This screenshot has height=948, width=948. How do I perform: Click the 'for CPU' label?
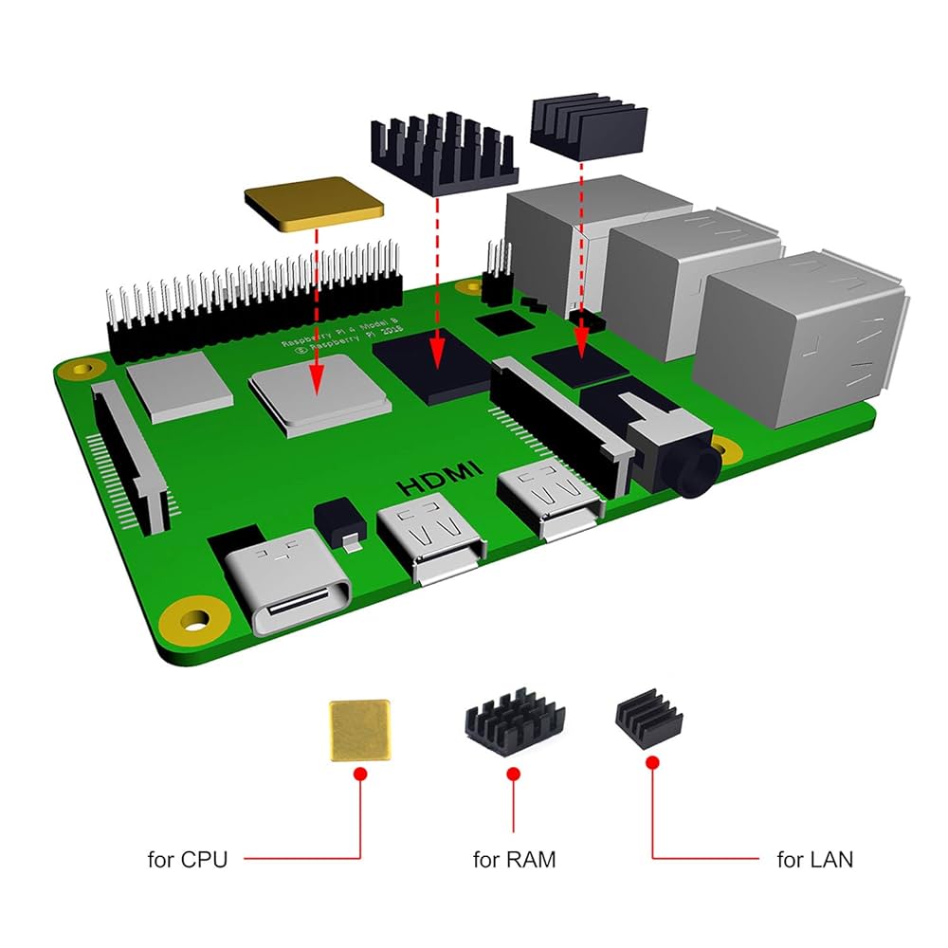point(188,860)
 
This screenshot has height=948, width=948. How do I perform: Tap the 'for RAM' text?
point(514,860)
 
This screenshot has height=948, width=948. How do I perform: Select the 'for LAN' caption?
point(814,860)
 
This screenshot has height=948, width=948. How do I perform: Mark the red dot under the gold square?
point(359,775)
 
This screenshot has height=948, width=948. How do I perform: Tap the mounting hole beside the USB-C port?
point(195,621)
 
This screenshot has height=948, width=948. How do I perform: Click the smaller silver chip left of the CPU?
point(179,386)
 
